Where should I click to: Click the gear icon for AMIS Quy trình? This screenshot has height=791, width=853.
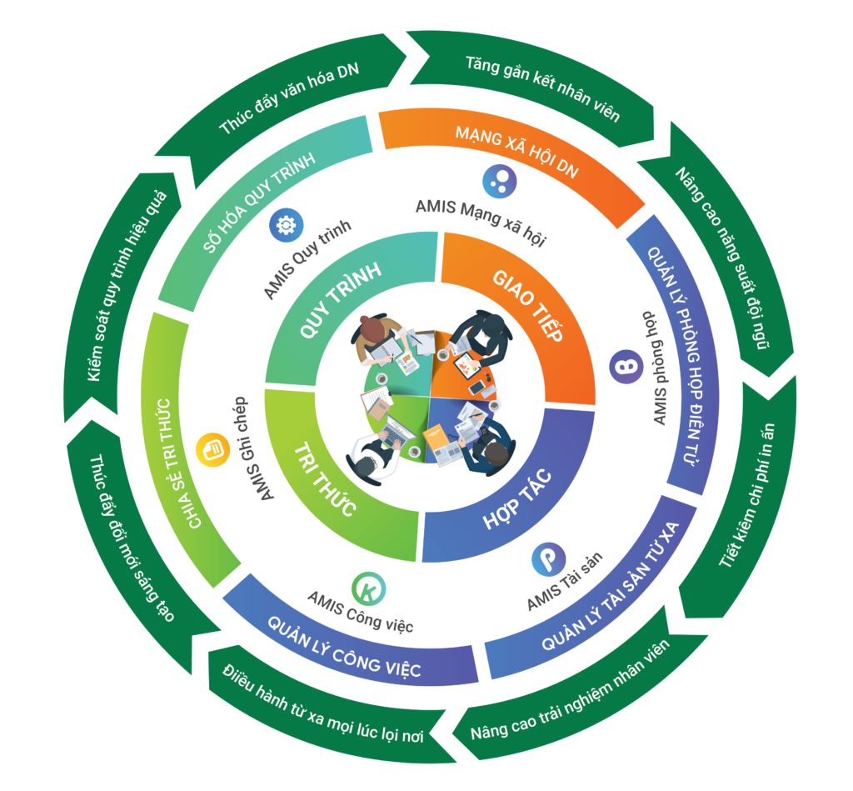pos(287,225)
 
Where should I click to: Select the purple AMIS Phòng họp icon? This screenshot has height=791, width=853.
pos(626,368)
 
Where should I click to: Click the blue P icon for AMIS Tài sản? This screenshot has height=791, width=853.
pos(549,559)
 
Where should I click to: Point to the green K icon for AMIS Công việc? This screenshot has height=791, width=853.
pos(367,588)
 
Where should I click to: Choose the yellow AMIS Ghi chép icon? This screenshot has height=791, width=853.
pos(211,450)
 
